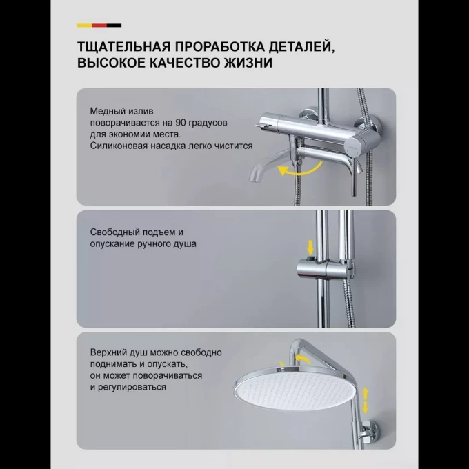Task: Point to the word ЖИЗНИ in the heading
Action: tap(252, 63)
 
